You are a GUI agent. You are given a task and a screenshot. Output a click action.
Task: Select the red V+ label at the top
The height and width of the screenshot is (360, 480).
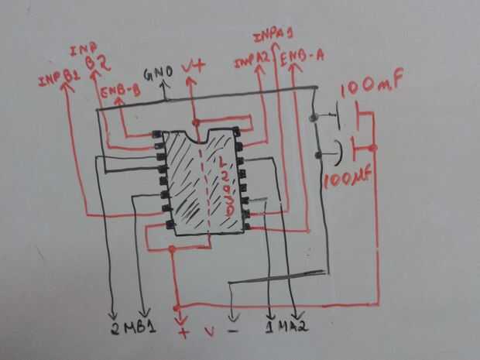194,68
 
